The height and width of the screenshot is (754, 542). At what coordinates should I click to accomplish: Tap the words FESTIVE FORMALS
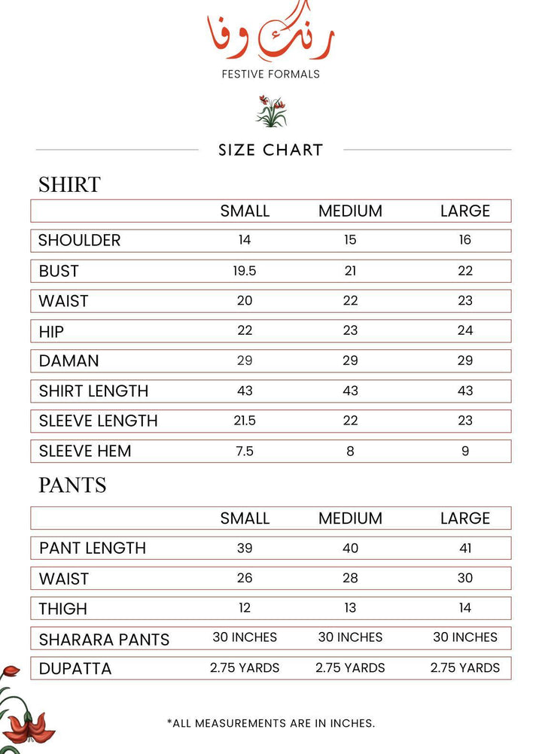(270, 74)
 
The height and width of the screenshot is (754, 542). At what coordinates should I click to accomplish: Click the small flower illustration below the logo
(271, 111)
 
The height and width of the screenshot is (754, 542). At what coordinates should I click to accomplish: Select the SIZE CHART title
(270, 150)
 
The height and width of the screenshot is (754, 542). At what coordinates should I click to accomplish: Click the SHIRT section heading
(69, 184)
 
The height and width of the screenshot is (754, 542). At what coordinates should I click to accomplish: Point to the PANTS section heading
(72, 485)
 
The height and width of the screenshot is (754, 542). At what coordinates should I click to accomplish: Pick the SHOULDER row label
(79, 241)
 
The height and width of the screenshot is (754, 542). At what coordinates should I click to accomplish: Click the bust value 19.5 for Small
(245, 271)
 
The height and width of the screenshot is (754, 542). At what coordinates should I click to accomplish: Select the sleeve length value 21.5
(245, 421)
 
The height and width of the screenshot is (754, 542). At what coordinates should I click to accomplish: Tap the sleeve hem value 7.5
(245, 451)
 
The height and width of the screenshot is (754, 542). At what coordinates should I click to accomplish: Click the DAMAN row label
(69, 361)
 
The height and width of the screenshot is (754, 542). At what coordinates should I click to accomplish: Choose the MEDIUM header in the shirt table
(350, 211)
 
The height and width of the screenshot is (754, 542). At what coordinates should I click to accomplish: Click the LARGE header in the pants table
(465, 518)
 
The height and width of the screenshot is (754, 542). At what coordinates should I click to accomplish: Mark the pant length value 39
(245, 548)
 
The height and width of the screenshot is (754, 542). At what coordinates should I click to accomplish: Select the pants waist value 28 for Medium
(350, 578)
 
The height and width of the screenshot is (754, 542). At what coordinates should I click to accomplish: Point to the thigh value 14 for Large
(465, 608)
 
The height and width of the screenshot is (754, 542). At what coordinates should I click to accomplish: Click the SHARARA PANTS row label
(104, 640)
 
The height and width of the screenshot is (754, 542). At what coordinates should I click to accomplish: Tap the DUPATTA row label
(75, 668)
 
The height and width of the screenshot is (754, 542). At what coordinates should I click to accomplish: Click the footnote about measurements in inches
(270, 723)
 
